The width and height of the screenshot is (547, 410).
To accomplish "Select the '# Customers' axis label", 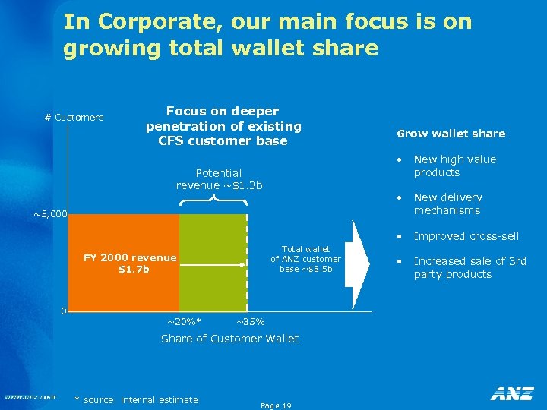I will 74,118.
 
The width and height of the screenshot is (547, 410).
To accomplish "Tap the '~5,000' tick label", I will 51,215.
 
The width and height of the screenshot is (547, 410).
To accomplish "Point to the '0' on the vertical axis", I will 65,311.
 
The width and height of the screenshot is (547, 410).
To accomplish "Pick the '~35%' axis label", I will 250,322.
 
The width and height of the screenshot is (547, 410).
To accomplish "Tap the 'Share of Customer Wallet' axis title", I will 229,339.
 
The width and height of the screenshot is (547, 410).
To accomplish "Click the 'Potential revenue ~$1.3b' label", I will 219,179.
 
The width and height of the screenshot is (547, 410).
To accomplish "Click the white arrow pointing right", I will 358,254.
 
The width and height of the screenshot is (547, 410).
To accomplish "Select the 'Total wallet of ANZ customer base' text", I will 305,259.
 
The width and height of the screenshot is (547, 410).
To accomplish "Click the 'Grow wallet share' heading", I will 451,134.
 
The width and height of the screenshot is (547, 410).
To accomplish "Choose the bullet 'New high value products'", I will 454,166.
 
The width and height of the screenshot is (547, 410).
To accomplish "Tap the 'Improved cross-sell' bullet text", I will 466,236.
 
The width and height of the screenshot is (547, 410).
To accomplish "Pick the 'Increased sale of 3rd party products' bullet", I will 470,267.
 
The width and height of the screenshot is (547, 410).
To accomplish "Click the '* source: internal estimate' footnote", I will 137,400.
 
